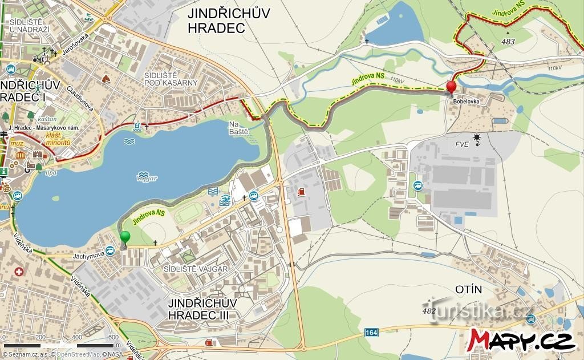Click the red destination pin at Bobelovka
pyautogui.click(x=451, y=87)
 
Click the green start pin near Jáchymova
pyautogui.click(x=125, y=237)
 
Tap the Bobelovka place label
pyautogui.click(x=465, y=101)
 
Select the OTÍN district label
pyautogui.click(x=469, y=290)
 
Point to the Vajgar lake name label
pyautogui.click(x=147, y=178)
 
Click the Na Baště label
pyautogui.click(x=238, y=128)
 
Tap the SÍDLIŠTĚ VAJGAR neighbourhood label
pyautogui.click(x=196, y=269)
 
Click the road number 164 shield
pyautogui.click(x=371, y=331)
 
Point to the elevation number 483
pyautogui.click(x=507, y=42)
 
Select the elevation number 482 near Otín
pyautogui.click(x=429, y=311)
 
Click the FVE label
pyautogui.click(x=461, y=144)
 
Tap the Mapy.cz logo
pyautogui.click(x=521, y=339)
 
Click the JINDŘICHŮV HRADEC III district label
pyautogui.click(x=202, y=308)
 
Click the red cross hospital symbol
pyautogui.click(x=19, y=272)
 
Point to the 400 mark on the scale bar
pyautogui.click(x=76, y=337)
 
